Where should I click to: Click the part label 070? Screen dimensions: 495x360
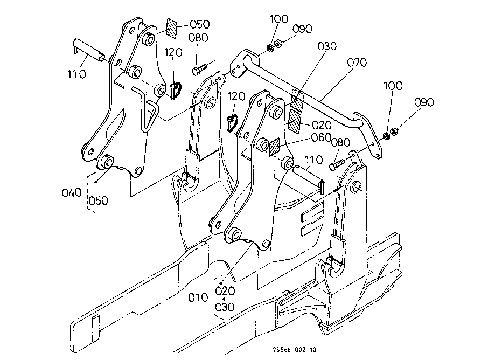357,62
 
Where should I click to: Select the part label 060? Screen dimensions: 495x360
321,137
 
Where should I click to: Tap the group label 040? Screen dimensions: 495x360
72,192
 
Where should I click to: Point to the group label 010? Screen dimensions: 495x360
198,297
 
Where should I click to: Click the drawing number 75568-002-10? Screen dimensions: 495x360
294,350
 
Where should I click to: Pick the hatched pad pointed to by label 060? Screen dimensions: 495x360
274,148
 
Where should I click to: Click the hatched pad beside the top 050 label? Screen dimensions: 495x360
172,29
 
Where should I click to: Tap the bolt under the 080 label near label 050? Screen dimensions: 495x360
199,69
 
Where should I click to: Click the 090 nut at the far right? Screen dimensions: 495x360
393,131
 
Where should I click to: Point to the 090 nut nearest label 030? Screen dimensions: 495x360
278,43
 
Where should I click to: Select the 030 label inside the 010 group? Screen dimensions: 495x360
225,307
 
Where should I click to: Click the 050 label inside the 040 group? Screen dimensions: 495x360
98,200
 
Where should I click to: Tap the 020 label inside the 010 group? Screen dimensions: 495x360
225,291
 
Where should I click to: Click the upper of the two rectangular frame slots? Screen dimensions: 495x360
312,215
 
